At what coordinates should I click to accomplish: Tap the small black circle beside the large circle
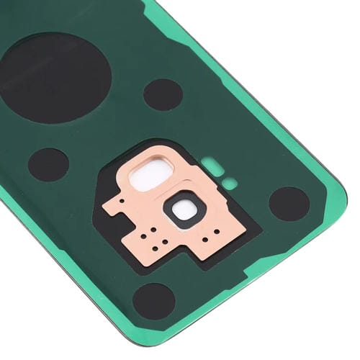click(x=163, y=94)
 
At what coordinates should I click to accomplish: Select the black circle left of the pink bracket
click(x=48, y=164)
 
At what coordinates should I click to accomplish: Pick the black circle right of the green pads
click(x=289, y=203)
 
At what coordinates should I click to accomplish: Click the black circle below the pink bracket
click(x=154, y=300)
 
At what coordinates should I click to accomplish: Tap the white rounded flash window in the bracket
click(x=152, y=177)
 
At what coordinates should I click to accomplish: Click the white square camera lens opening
click(x=185, y=210)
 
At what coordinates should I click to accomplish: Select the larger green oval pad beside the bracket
click(x=211, y=164)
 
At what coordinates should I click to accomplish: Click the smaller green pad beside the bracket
click(x=229, y=183)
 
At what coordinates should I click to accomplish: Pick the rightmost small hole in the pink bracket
click(x=217, y=232)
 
